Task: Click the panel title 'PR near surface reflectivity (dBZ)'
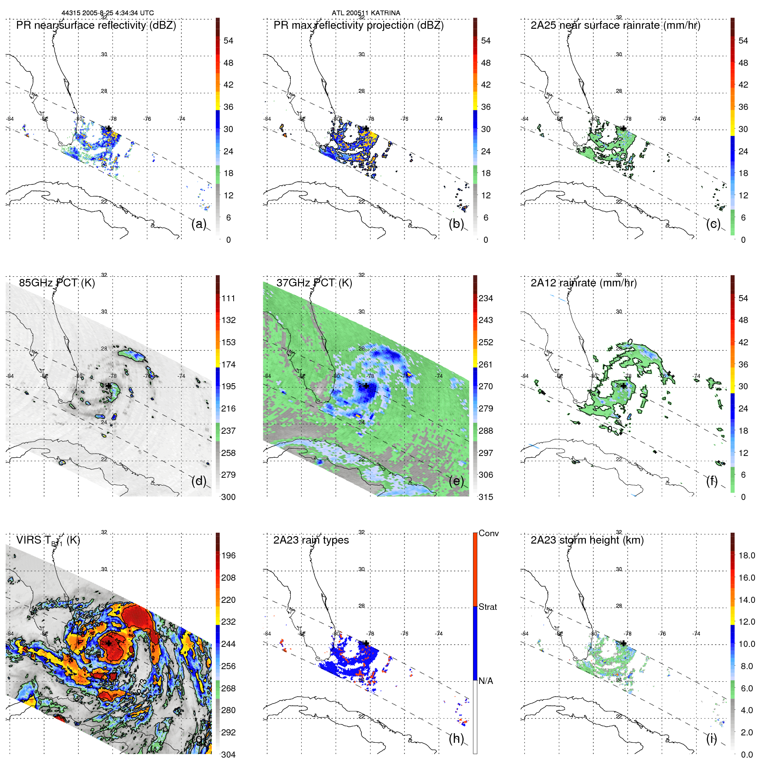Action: coord(96,25)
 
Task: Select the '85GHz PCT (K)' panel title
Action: coord(57,283)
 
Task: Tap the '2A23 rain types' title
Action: coord(311,540)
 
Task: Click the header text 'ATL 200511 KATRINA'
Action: coord(366,13)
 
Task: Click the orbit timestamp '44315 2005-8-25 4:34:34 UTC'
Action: coord(107,13)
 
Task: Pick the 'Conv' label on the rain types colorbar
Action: coord(488,533)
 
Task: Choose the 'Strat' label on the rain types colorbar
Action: coord(487,607)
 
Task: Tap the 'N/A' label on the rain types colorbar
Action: coord(486,681)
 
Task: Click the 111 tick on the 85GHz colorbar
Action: coord(228,298)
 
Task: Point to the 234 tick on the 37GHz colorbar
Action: coord(486,298)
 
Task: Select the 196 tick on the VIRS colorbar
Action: coord(228,555)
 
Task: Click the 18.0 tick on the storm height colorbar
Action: coord(746,555)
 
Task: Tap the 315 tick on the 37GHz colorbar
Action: coord(486,497)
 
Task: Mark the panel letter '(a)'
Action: coord(199,224)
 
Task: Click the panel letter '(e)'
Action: coord(456,481)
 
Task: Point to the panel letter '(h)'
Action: coord(456,738)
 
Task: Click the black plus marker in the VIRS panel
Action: coord(109,643)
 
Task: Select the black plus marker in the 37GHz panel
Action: coord(366,386)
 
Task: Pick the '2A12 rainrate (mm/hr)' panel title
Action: coord(583,283)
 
